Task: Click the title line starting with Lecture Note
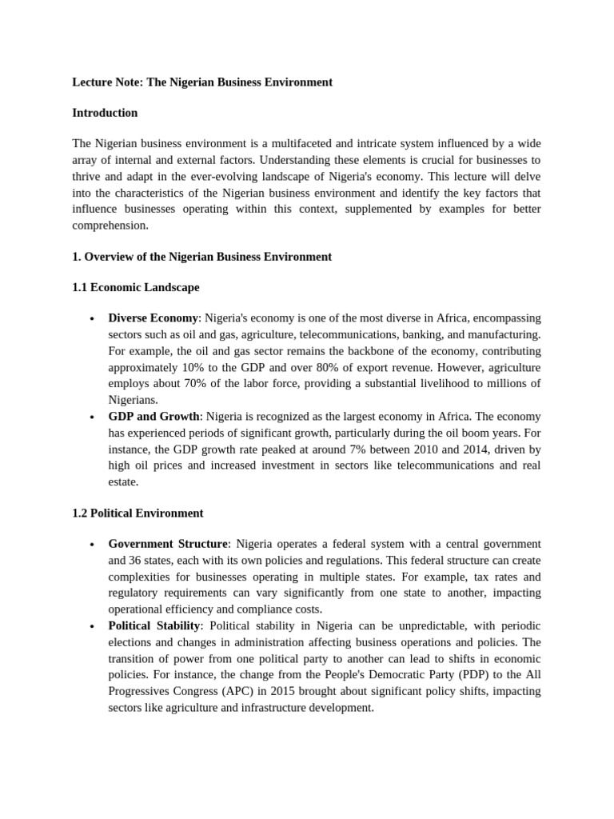(202, 82)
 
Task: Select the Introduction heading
(105, 113)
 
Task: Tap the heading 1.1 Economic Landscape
(136, 287)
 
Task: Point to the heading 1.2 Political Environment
(138, 513)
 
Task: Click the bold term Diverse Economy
(153, 318)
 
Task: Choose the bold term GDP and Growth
(153, 417)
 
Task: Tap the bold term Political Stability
(153, 625)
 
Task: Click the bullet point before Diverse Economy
(93, 319)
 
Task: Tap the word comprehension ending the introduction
(110, 226)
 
